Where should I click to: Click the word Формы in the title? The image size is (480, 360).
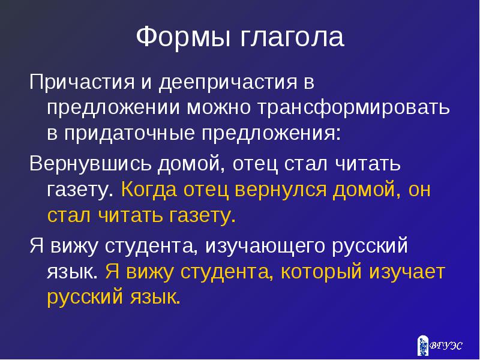pos(183,37)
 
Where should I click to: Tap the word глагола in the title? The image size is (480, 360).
pos(292,37)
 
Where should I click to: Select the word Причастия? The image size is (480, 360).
pos(82,83)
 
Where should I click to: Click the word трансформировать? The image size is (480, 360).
pos(353,109)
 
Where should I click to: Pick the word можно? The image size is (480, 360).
pos(218,108)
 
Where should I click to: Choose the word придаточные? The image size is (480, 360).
pos(129,134)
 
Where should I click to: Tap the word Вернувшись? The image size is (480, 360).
pos(91,163)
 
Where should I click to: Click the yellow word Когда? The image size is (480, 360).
pos(149,190)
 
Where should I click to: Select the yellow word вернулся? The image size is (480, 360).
pos(280,190)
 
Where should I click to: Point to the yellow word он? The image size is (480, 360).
pos(419,190)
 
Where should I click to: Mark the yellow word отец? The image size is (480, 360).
pos(206,190)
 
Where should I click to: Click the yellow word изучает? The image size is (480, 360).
pos(407,272)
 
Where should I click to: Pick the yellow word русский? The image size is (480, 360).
pos(85,297)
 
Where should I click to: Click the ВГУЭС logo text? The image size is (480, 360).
pos(446,346)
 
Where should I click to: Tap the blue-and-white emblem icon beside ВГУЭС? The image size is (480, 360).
pos(423,346)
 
